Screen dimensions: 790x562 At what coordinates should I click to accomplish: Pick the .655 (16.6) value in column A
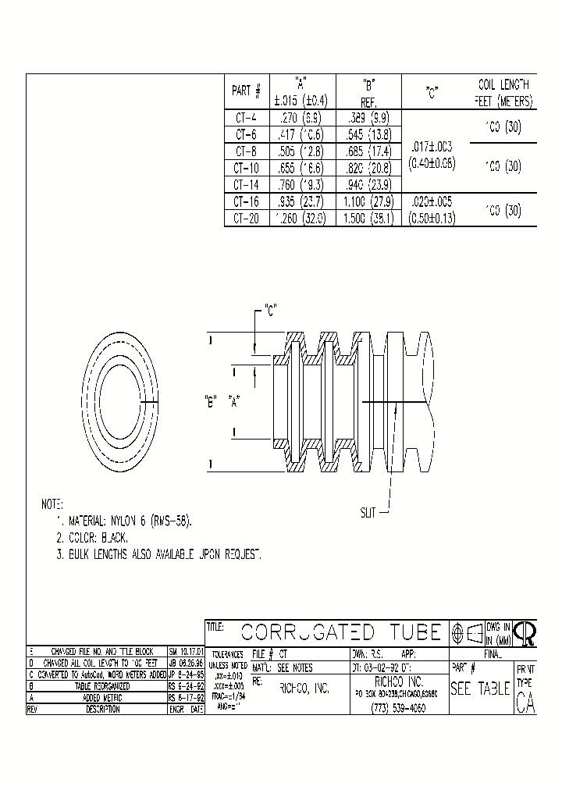click(x=301, y=168)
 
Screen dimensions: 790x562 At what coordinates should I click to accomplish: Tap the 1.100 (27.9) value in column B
click(x=368, y=202)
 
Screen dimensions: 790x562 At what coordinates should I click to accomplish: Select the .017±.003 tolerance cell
click(x=431, y=146)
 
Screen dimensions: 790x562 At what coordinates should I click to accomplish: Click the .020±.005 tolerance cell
click(x=431, y=202)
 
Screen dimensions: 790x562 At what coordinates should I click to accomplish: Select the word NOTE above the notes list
click(x=52, y=505)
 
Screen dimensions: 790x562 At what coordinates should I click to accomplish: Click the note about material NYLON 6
click(x=125, y=521)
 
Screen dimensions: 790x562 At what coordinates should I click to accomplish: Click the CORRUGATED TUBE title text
click(x=341, y=632)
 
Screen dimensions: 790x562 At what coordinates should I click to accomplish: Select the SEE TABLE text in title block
click(x=480, y=689)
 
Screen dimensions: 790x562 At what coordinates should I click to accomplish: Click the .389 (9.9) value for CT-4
click(x=368, y=119)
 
